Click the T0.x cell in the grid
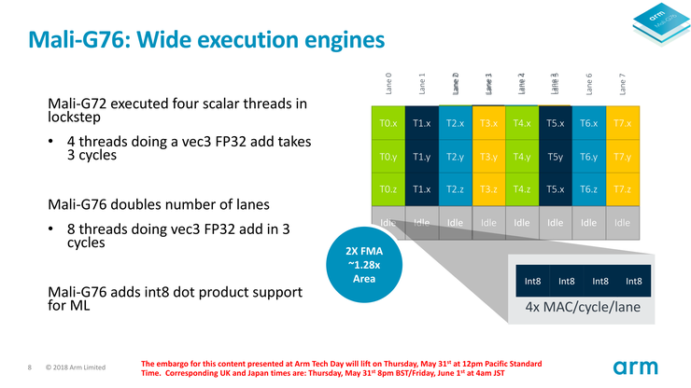(388, 123)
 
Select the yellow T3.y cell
(488, 157)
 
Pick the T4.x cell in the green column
(522, 123)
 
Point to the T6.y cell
(588, 157)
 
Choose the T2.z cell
(455, 189)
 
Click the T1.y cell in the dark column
(422, 157)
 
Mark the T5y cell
(555, 157)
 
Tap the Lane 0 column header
(388, 84)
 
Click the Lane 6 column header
(588, 84)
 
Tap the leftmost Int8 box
(532, 280)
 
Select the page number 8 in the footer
(31, 367)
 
